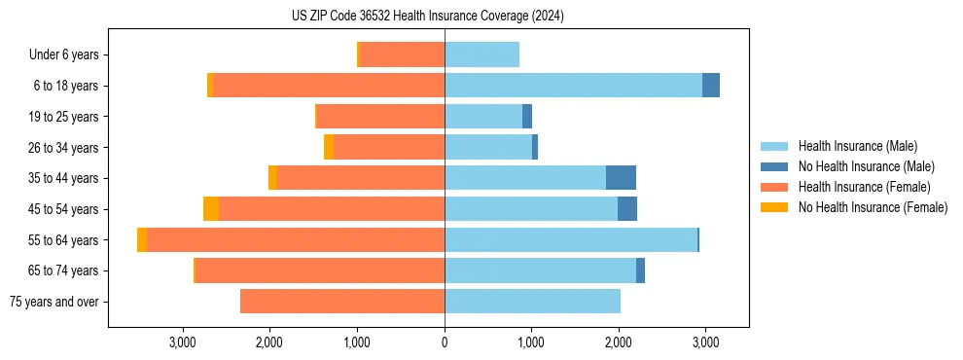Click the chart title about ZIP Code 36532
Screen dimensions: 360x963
pos(428,17)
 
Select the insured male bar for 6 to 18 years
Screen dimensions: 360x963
pos(573,86)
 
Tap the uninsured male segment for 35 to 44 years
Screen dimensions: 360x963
pos(621,178)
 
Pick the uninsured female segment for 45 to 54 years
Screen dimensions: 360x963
pos(211,209)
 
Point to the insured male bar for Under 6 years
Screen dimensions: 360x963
pos(481,54)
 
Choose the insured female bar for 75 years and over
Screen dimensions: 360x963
pos(341,302)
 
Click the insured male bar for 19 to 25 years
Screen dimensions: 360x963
pos(483,117)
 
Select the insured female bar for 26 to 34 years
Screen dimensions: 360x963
pos(389,147)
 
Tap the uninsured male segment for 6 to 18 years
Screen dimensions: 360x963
pos(711,86)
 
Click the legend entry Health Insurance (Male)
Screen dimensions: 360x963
pos(857,146)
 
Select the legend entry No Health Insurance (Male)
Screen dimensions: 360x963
pos(866,166)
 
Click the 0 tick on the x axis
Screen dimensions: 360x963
pos(445,342)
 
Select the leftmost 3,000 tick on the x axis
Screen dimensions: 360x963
pos(183,342)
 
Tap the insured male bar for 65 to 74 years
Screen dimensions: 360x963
pos(540,270)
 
